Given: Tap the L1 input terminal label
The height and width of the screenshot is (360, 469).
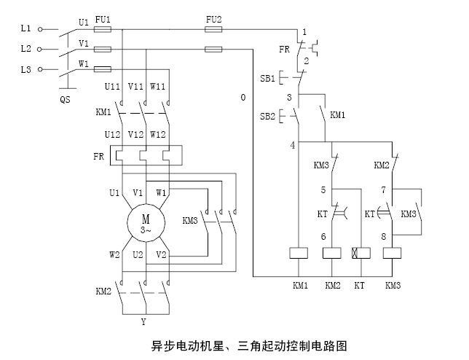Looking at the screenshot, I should click(x=25, y=28).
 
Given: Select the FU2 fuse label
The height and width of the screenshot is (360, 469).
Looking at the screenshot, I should click(x=213, y=17).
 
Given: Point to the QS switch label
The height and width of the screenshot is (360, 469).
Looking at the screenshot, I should click(x=65, y=99).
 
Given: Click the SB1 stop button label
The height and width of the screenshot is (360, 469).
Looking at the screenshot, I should click(x=267, y=77).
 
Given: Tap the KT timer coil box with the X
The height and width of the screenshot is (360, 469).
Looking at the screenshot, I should click(x=359, y=253).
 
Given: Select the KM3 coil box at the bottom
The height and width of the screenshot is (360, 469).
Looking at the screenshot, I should click(x=393, y=253).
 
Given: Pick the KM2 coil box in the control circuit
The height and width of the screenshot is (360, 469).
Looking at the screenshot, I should click(x=332, y=253).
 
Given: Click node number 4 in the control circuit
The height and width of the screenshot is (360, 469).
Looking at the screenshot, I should click(x=293, y=145).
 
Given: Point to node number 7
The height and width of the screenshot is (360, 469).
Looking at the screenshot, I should click(x=383, y=190).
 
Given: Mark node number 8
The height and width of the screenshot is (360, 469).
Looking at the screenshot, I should click(x=383, y=236).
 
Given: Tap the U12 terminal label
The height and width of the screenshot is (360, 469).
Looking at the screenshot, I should click(x=113, y=135).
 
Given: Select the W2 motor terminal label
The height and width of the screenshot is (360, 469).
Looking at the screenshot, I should click(x=114, y=255).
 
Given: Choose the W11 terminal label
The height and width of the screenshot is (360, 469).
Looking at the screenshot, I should click(x=158, y=87).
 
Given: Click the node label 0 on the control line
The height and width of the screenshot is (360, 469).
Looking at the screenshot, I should click(x=242, y=97).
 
